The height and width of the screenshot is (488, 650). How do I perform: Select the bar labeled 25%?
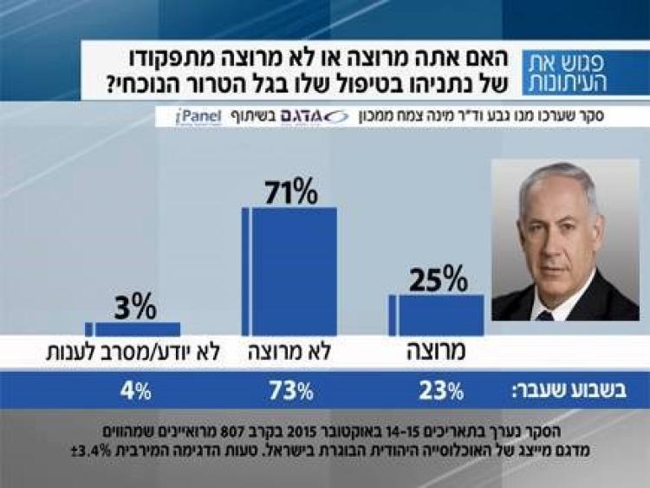click(440, 315)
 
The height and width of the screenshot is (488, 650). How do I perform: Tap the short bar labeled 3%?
click(137, 329)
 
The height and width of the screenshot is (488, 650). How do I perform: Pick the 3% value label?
click(134, 306)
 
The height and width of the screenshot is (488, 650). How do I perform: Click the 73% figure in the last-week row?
click(291, 391)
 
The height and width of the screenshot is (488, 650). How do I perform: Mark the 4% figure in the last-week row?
click(136, 391)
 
